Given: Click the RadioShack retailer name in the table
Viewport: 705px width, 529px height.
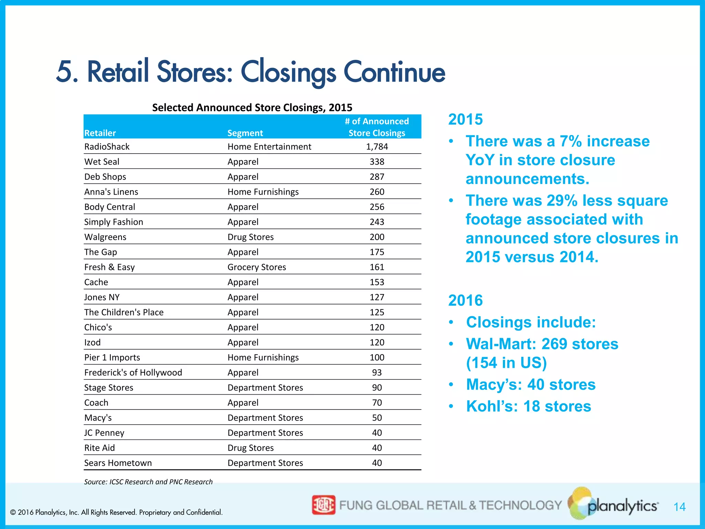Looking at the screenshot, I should pos(107,147).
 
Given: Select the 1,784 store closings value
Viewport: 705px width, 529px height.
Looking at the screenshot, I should pos(377,147).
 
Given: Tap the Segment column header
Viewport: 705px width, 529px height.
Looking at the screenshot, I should pos(245,133).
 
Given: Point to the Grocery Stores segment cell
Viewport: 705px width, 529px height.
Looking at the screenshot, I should pos(256,267).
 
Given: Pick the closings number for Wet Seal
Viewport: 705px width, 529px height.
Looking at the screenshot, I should pos(377,162).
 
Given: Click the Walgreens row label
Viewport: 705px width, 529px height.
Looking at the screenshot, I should pos(105,237).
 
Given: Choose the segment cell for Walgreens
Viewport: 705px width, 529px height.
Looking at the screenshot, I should pos(250,237).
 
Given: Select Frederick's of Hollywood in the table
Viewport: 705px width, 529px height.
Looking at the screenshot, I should pos(133,373).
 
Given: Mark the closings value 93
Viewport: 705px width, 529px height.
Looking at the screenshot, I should pos(377,373).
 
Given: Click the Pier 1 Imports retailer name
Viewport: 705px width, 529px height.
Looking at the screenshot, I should pos(112,357).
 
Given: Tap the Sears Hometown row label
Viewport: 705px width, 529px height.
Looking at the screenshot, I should pos(118,463).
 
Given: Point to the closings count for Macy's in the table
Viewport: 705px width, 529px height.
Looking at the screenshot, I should pos(377,418).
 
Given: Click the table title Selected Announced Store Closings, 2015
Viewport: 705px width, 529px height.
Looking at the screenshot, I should pos(252,107).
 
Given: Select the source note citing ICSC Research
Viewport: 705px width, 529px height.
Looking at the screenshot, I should pos(148,482).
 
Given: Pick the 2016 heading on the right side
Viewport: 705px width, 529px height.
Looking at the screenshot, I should pos(465,300).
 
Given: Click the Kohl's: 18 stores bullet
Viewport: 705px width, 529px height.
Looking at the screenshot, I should pos(528,406).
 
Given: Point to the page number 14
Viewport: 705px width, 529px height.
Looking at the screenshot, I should pos(679,507).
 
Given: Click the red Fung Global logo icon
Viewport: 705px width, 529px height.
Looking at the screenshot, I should pos(323,505).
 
